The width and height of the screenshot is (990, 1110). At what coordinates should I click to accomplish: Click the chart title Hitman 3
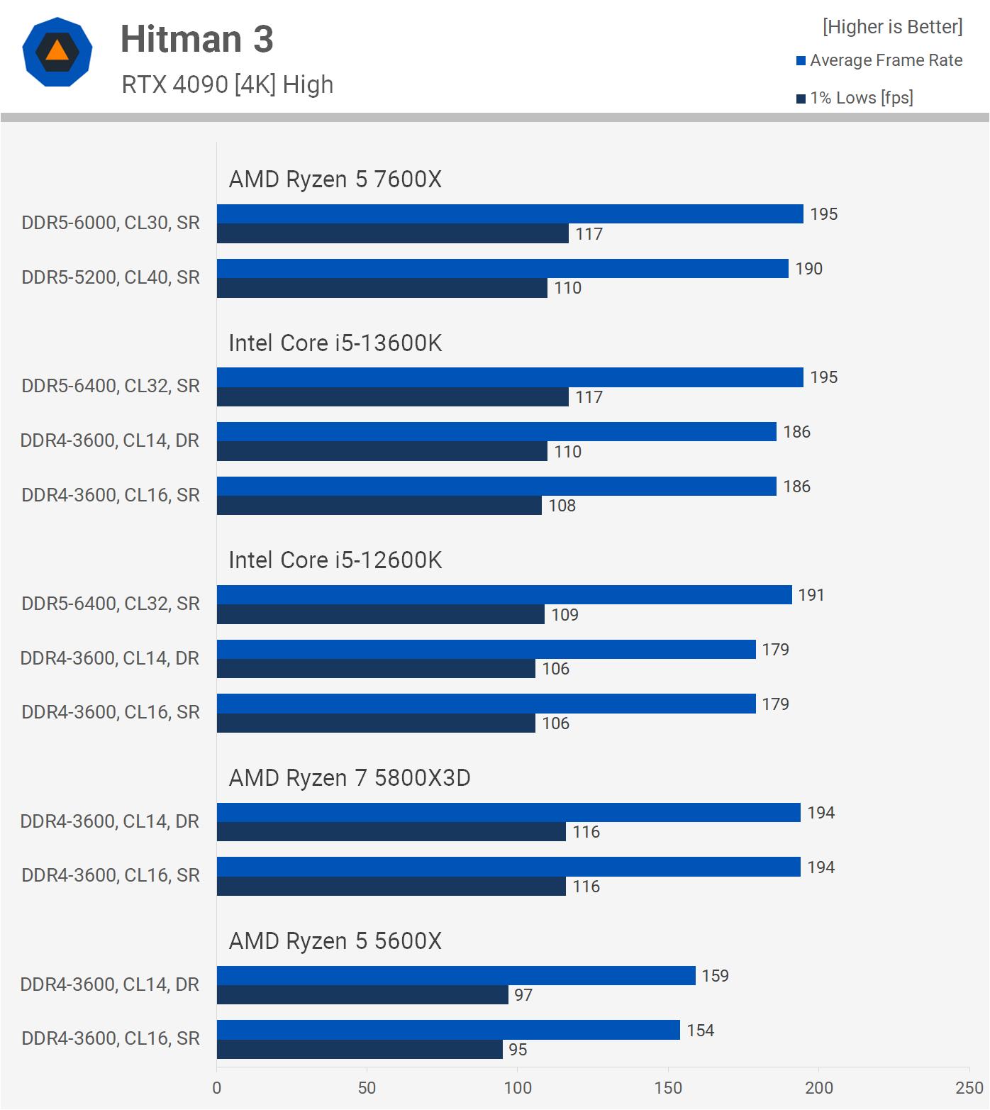click(x=196, y=39)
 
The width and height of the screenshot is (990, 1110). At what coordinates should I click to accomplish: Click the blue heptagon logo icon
click(x=57, y=52)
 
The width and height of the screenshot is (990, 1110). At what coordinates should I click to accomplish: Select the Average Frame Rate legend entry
click(x=879, y=60)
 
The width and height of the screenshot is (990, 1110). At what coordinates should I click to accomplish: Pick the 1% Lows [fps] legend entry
click(x=855, y=98)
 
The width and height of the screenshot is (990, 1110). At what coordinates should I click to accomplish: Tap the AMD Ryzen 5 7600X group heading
click(x=335, y=179)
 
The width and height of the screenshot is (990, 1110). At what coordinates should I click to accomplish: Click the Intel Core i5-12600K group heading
click(x=335, y=560)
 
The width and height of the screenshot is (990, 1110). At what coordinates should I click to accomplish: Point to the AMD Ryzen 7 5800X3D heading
click(x=350, y=778)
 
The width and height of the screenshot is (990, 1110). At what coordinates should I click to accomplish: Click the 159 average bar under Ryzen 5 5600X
click(x=456, y=976)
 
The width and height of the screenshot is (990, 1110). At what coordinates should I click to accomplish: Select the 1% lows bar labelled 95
click(x=360, y=1050)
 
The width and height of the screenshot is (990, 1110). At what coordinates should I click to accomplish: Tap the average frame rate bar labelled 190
click(x=502, y=269)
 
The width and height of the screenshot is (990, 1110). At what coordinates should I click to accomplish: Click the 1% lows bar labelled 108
click(x=379, y=506)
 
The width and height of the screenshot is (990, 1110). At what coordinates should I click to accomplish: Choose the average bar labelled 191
click(x=504, y=595)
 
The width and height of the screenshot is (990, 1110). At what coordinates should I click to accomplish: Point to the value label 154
click(x=701, y=1031)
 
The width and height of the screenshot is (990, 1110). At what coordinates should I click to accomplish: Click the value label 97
click(x=523, y=995)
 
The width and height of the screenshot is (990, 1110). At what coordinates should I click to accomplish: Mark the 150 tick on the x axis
click(x=668, y=1088)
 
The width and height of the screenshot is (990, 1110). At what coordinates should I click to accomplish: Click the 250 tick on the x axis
click(x=969, y=1088)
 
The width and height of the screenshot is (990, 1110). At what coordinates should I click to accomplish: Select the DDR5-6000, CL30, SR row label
click(x=111, y=223)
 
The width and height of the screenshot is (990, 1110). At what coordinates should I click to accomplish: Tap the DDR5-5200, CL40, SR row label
click(x=111, y=277)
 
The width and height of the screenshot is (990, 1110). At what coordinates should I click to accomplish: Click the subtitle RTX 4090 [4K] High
click(x=227, y=84)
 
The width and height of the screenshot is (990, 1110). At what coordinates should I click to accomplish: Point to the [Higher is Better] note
click(x=892, y=27)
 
